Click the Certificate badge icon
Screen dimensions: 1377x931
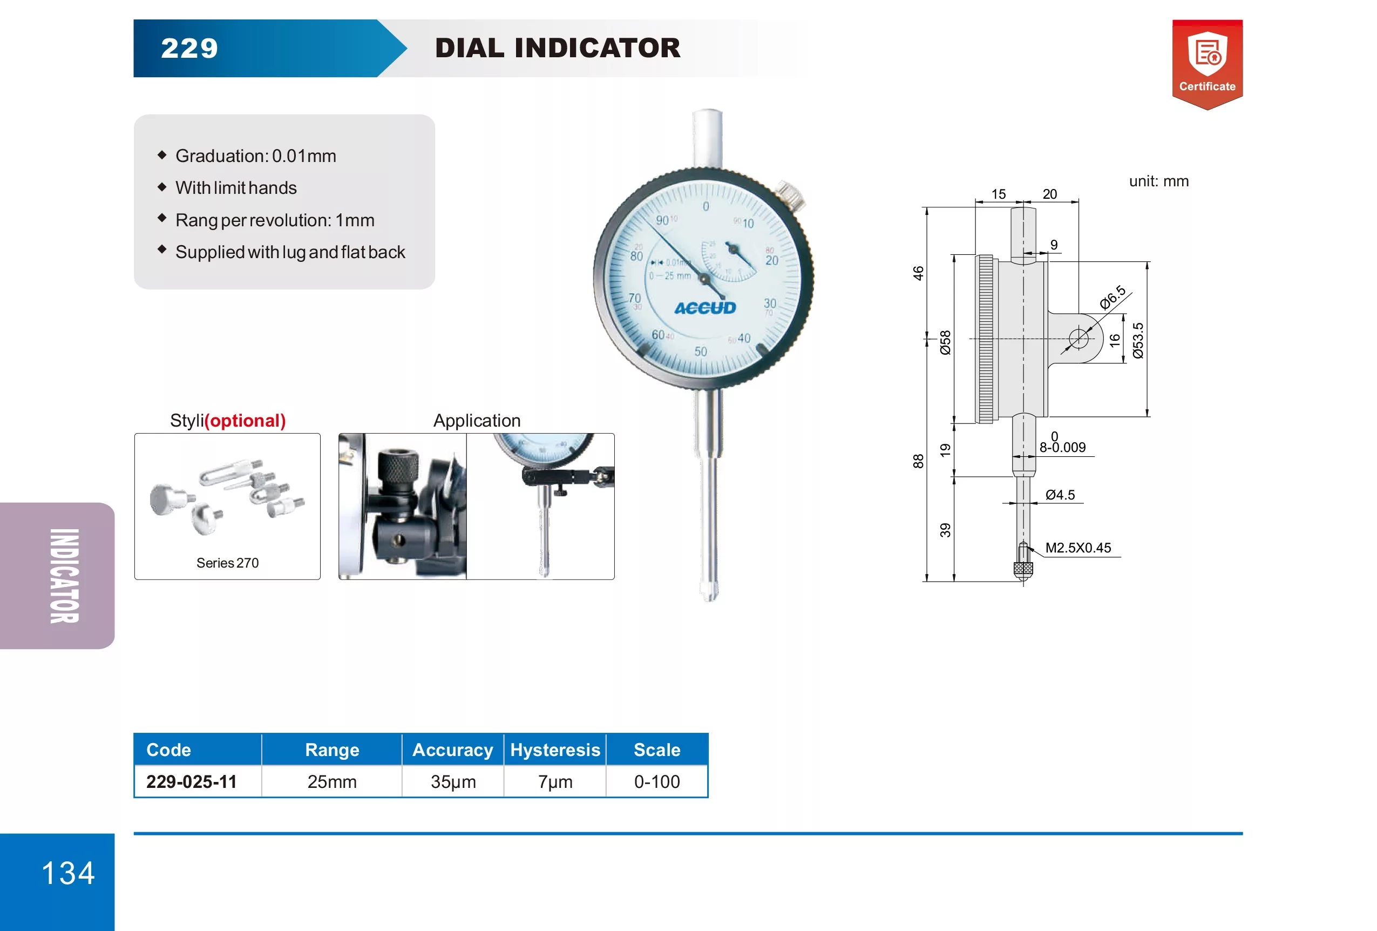(1207, 65)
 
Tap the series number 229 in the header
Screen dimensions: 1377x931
(189, 48)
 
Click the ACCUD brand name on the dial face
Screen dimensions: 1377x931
(705, 308)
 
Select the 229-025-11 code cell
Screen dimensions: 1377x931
(192, 781)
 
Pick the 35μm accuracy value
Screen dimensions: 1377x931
(453, 781)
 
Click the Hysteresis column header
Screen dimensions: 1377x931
(555, 750)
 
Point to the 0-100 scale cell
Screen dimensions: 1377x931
(657, 781)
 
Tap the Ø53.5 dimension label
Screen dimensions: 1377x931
(1138, 341)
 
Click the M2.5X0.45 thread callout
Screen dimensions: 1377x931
(1078, 548)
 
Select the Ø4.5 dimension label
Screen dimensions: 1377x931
(1060, 495)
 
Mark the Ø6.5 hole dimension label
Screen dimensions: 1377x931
(1113, 297)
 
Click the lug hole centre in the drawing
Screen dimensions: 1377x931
(1078, 339)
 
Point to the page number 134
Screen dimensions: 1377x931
(68, 873)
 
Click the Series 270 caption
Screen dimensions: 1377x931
(228, 562)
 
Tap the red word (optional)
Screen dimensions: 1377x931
(245, 421)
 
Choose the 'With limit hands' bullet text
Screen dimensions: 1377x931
(236, 188)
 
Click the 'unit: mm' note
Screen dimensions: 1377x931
(1158, 181)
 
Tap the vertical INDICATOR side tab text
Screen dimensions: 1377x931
(64, 576)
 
